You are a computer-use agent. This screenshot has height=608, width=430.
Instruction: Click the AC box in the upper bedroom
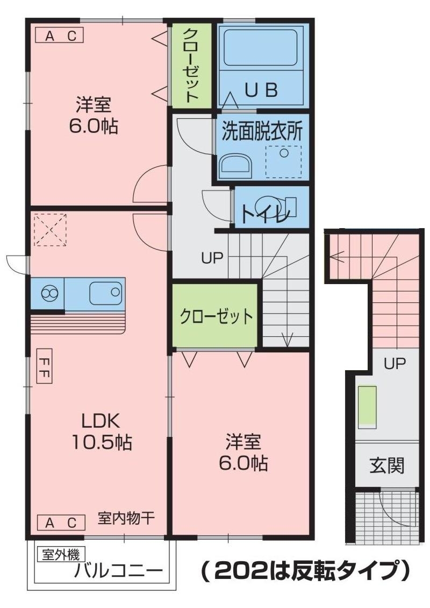click(x=59, y=36)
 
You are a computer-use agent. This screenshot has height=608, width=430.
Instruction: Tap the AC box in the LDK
click(x=61, y=522)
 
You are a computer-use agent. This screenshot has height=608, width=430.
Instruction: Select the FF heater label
click(x=45, y=366)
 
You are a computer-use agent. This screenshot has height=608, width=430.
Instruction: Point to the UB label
click(x=261, y=90)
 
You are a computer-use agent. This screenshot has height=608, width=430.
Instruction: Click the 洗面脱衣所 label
click(x=262, y=132)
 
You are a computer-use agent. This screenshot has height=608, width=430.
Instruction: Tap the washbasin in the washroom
click(x=235, y=166)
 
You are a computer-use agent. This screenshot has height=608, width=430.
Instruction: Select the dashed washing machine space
click(x=284, y=161)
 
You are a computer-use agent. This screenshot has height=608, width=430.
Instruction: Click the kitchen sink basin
click(x=106, y=293)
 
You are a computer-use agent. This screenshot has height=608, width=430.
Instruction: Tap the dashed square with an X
click(x=50, y=230)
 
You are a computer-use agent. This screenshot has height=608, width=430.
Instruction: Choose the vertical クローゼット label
click(x=190, y=65)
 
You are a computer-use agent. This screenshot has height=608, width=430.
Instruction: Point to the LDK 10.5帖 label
click(x=102, y=432)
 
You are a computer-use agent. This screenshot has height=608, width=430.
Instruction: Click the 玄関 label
click(x=386, y=465)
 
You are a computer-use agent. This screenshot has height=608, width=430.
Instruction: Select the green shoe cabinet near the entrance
click(x=367, y=407)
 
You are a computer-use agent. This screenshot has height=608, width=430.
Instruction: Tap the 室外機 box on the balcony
click(x=61, y=555)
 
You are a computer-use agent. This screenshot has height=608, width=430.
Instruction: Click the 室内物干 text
click(x=126, y=518)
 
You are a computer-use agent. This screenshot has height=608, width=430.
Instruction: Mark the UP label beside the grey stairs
click(x=212, y=258)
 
